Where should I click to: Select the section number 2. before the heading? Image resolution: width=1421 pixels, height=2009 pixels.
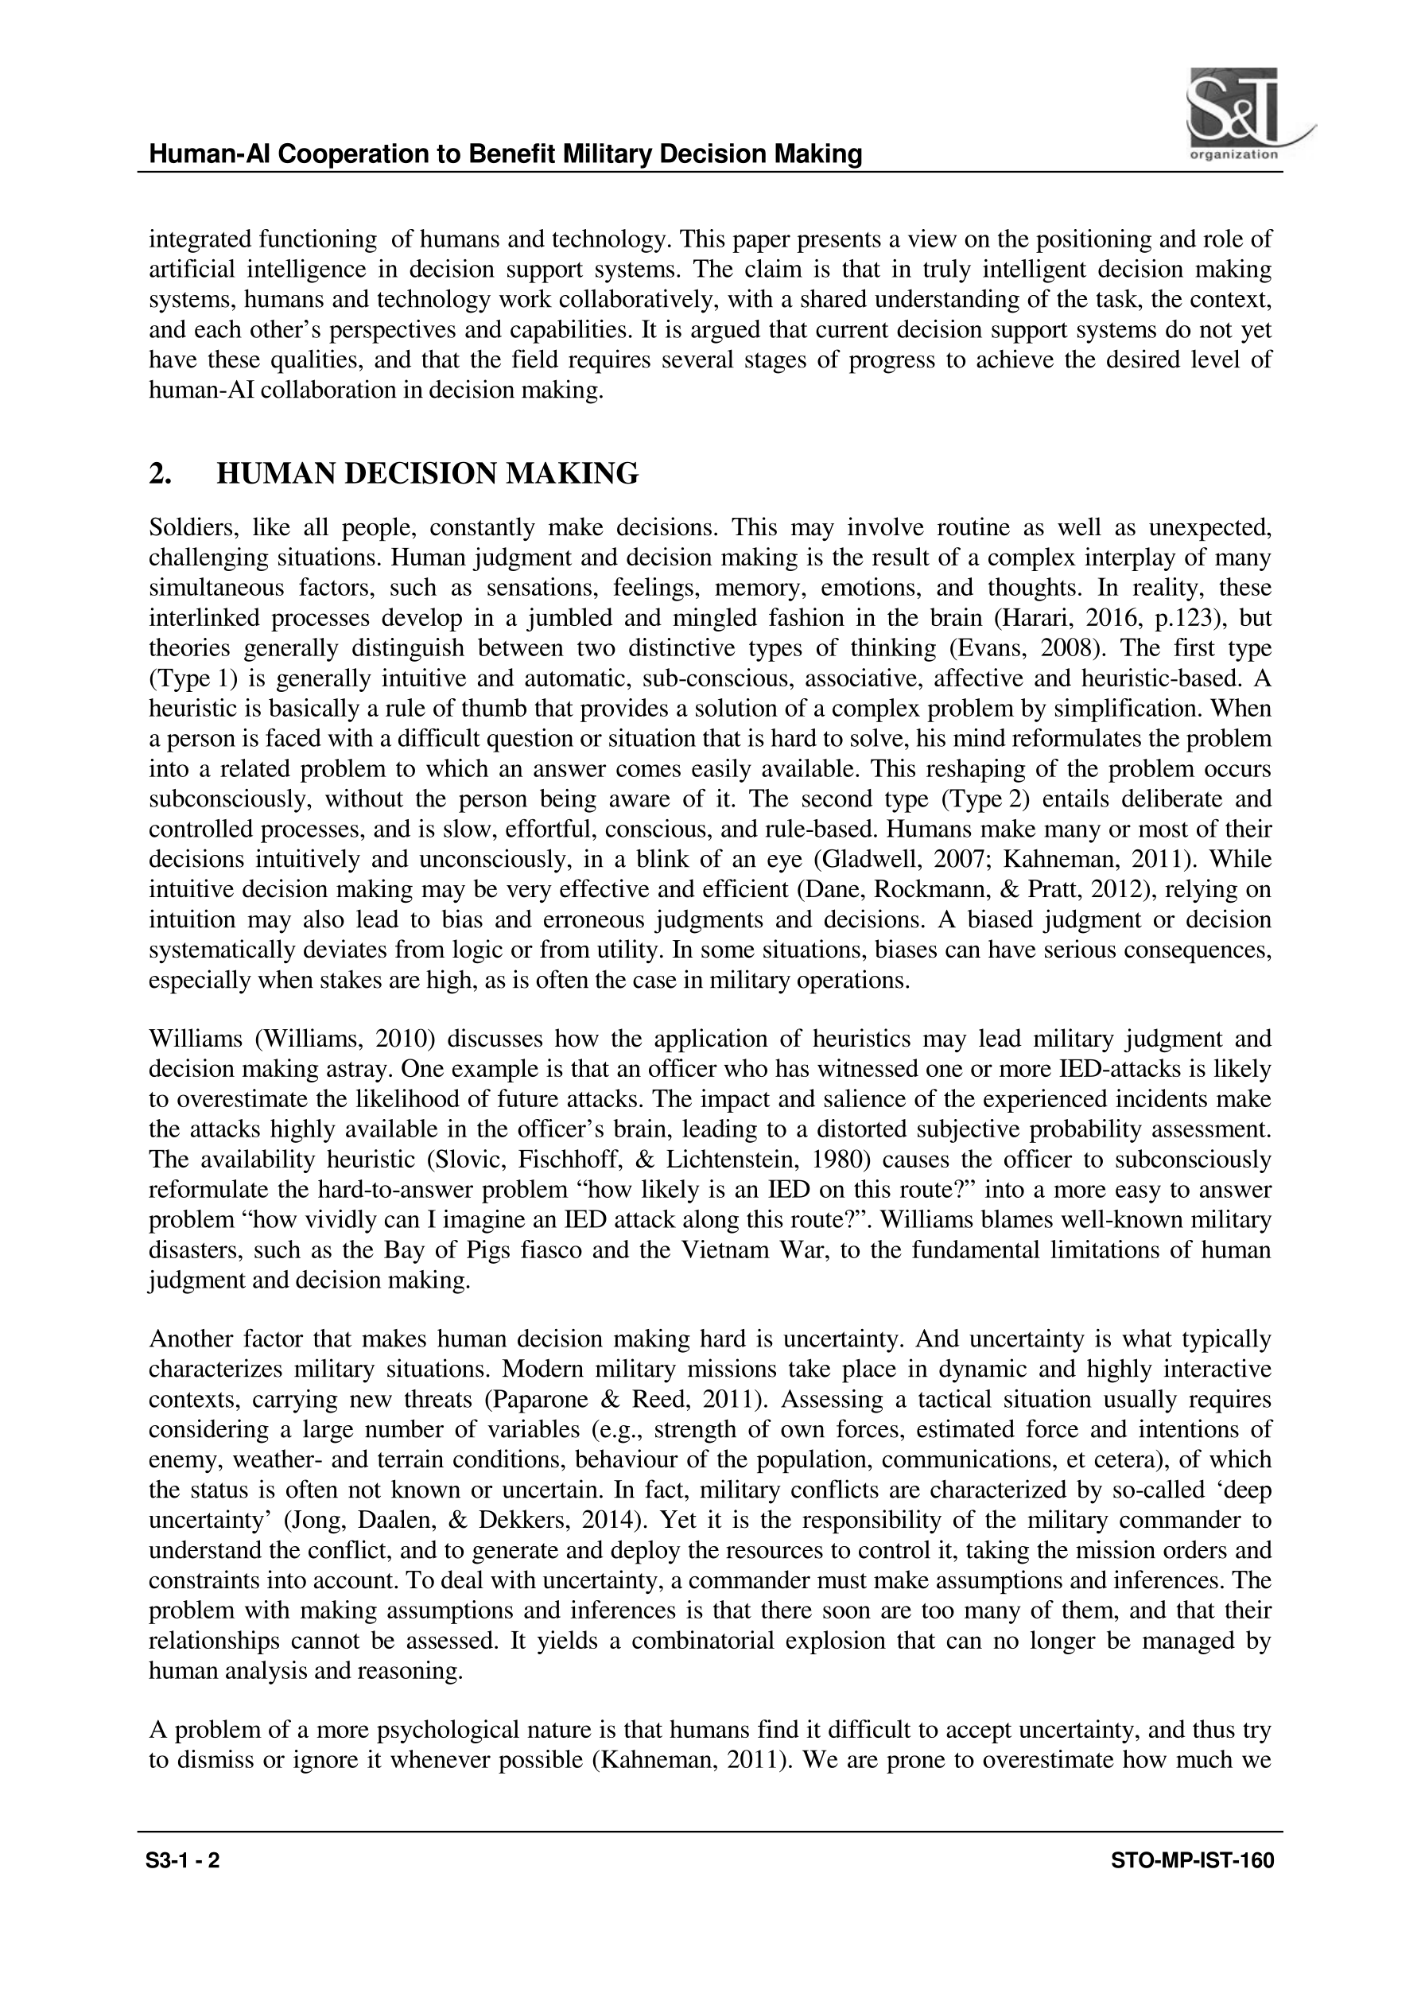(x=160, y=474)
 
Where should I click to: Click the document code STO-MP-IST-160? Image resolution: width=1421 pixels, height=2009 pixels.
(x=1192, y=1884)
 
